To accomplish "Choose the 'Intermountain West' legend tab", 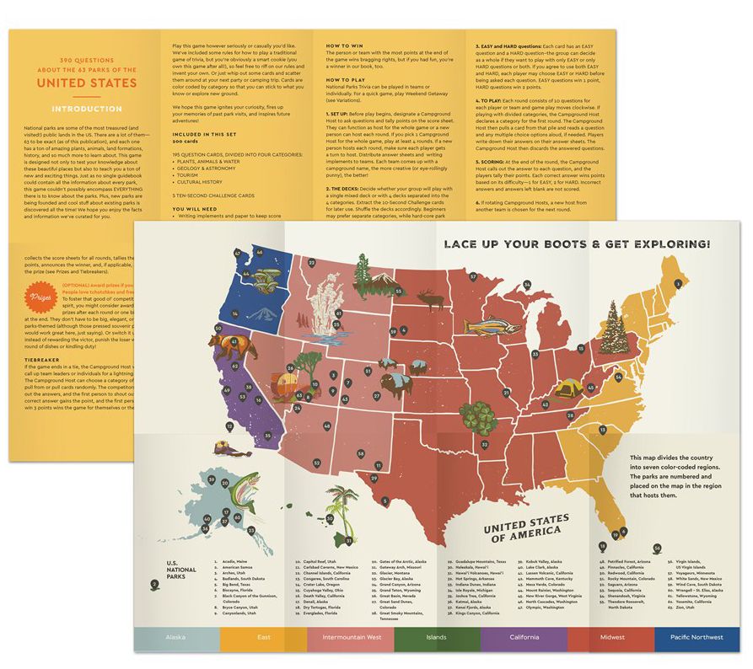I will point(351,637).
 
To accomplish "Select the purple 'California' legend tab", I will point(523,637).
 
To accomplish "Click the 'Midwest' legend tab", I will point(611,637).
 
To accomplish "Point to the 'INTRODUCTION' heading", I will point(86,109).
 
